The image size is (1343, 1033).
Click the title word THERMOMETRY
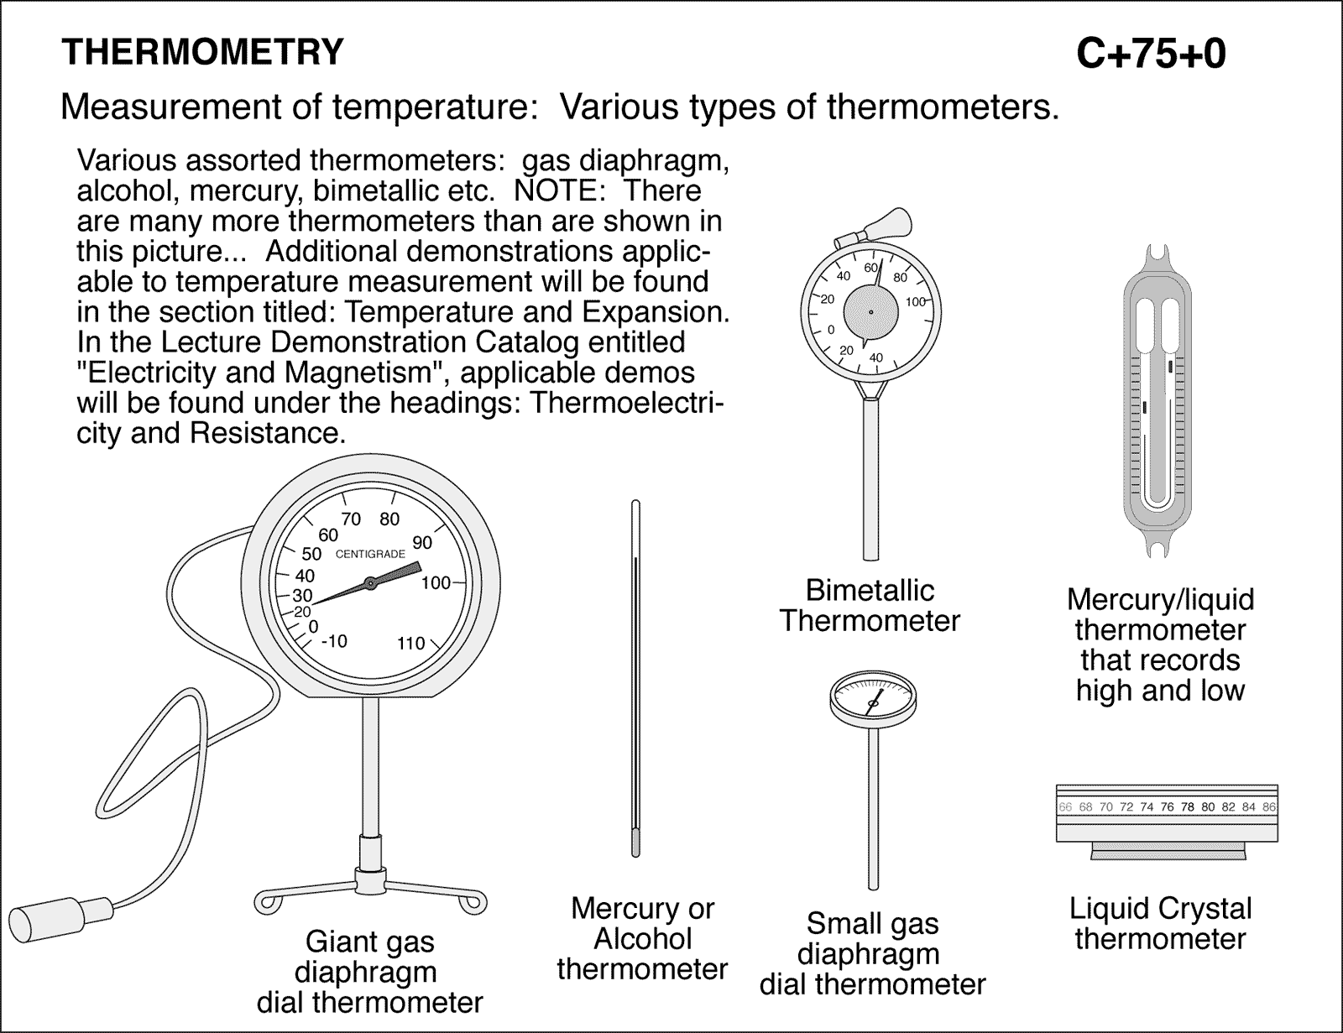[202, 53]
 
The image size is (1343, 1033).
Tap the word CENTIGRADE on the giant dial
[370, 554]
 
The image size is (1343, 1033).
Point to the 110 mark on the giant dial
[410, 644]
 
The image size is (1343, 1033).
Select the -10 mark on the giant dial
[333, 641]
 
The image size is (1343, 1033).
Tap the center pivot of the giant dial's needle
[369, 582]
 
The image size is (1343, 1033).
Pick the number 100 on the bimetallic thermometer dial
[915, 301]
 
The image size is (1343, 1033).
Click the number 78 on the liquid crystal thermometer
[1187, 807]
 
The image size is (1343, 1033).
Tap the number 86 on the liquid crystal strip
[1268, 807]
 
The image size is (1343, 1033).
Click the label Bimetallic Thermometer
[870, 606]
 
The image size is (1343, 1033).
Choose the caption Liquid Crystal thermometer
[1160, 923]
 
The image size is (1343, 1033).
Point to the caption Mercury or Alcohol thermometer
[642, 938]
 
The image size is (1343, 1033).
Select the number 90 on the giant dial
[422, 543]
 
